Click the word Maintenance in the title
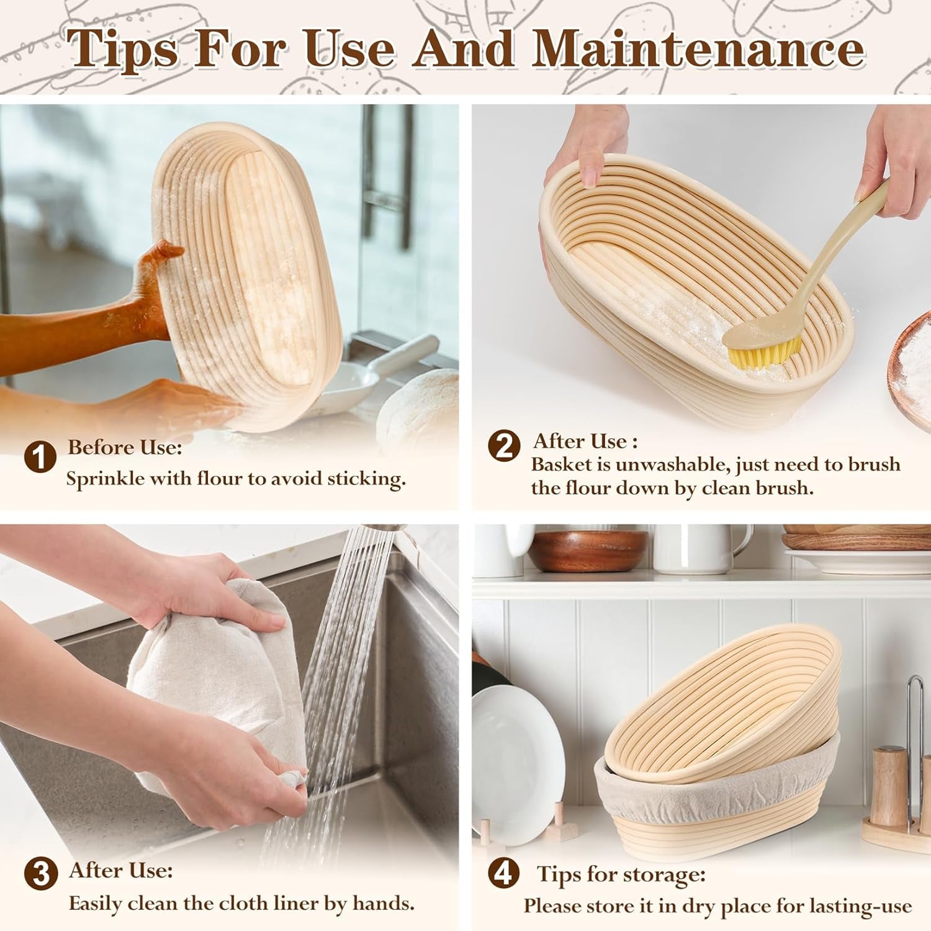tap(698, 48)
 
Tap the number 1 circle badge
tap(40, 458)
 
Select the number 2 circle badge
tap(503, 446)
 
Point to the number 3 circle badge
tap(40, 874)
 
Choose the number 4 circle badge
tap(503, 873)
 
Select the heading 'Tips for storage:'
tap(621, 875)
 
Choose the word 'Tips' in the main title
tap(123, 48)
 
